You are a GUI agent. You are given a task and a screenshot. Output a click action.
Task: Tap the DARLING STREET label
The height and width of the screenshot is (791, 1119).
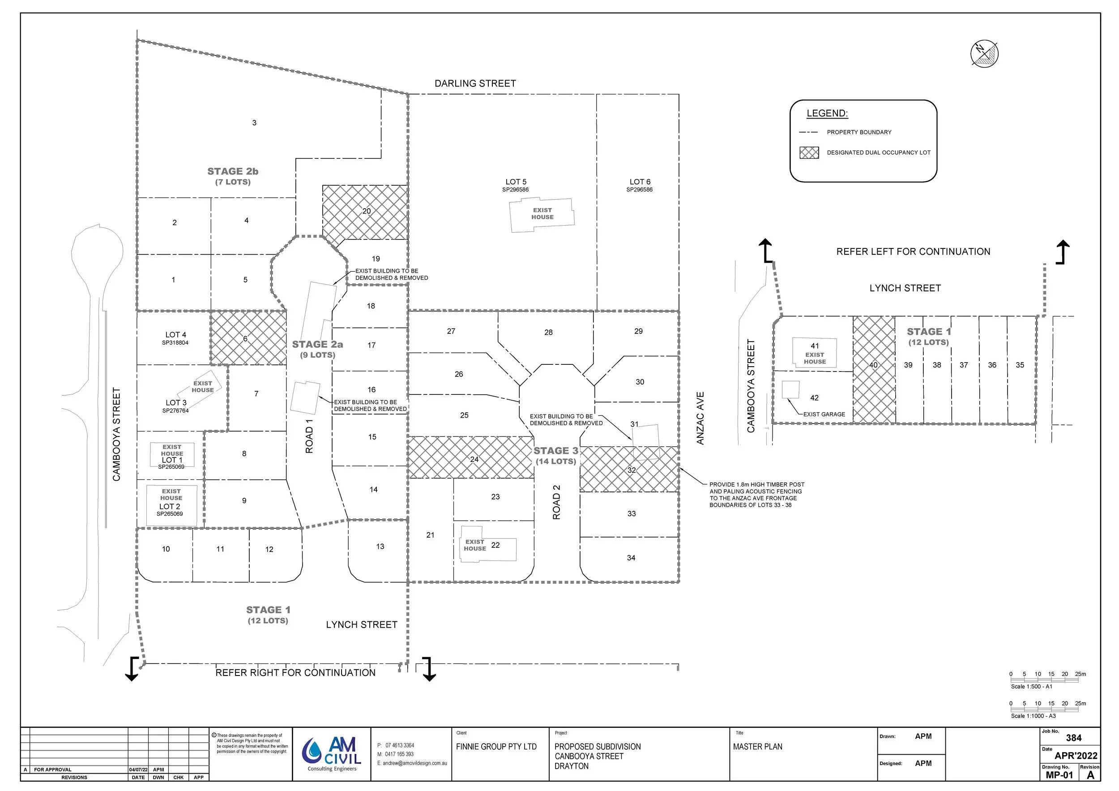[x=475, y=84]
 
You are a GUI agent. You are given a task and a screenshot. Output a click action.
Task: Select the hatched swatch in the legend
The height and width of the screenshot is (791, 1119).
[x=809, y=153]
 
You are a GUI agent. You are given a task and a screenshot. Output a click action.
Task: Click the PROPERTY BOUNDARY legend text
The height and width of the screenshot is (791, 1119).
[x=859, y=132]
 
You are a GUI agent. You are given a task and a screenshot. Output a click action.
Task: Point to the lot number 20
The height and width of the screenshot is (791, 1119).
[x=367, y=211]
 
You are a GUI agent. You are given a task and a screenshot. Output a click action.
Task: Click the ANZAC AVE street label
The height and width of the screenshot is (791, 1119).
[x=700, y=418]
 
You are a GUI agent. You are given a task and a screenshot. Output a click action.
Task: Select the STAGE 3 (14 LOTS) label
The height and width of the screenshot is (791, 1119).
[x=555, y=456]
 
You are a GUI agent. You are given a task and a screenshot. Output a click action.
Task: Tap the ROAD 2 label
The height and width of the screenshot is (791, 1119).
[x=556, y=502]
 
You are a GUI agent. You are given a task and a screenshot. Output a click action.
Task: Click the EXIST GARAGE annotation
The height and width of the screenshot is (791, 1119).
[x=824, y=414]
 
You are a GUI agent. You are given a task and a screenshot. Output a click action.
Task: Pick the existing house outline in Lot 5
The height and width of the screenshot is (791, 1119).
[x=542, y=214]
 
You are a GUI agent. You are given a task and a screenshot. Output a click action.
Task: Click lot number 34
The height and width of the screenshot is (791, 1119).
[x=631, y=558]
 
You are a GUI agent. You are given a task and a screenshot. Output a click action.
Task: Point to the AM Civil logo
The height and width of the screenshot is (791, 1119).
[x=332, y=754]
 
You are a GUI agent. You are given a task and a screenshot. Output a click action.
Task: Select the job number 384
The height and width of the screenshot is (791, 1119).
[x=1074, y=738]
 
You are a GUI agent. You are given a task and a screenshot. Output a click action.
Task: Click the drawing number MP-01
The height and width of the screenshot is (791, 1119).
[x=1059, y=775]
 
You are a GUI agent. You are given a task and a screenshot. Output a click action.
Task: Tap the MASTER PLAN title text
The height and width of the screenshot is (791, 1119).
[x=757, y=747]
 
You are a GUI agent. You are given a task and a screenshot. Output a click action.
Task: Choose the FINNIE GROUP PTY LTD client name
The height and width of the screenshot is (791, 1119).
[x=496, y=747]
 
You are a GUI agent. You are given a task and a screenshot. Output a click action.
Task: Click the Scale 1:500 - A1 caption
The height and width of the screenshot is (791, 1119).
[x=1031, y=686]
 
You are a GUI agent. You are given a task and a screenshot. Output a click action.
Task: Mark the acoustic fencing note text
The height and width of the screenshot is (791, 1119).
[x=756, y=495]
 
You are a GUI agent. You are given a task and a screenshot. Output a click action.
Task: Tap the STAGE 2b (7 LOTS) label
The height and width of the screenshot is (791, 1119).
[x=232, y=176]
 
